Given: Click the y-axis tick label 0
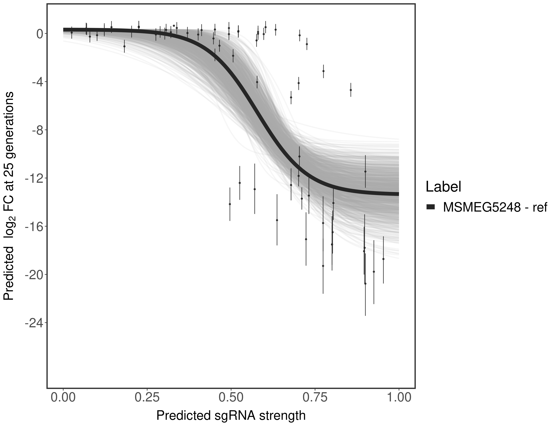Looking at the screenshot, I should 40,34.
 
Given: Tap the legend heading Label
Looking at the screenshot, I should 443,187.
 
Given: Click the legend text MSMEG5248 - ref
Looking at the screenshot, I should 495,207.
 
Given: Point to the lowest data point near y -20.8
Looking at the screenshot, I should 365,283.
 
